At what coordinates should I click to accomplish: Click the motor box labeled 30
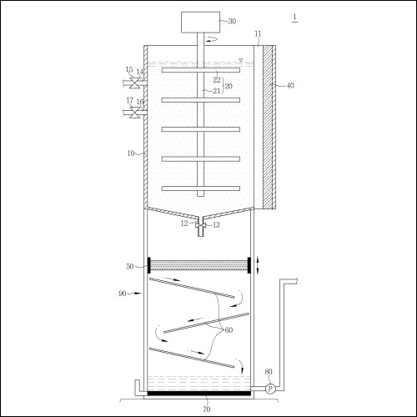coord(200,23)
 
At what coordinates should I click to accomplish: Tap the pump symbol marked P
coord(270,389)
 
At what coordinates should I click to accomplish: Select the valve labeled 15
coord(135,83)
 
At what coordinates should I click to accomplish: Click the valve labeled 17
coord(135,113)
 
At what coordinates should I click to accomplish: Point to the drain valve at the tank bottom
coord(200,225)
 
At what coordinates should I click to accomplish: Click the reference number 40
coord(290,85)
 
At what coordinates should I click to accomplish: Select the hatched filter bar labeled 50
coord(199,265)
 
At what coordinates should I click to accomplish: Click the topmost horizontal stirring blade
coord(201,70)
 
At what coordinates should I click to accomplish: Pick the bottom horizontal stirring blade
coord(201,188)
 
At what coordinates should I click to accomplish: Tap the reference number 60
coord(229,330)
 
